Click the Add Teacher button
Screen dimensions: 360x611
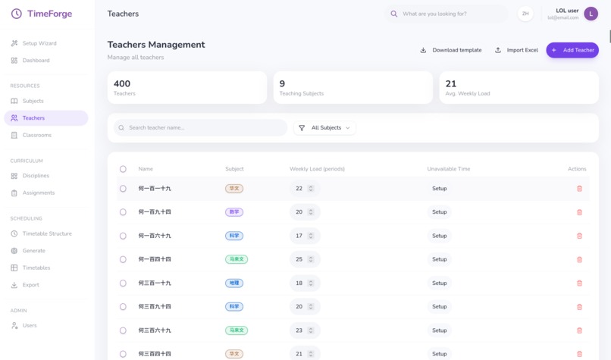572,50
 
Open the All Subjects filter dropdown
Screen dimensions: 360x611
324,128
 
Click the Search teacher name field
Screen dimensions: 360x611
201,128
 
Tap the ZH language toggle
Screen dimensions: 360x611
525,14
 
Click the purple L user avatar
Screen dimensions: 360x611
591,14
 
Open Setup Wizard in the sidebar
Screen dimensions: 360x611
39,43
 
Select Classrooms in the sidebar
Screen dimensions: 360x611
36,135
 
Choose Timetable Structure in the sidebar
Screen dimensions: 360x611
47,233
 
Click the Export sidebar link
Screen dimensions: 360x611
30,285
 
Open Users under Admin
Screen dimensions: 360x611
30,325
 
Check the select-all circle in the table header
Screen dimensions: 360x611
123,169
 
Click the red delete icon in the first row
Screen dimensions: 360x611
579,189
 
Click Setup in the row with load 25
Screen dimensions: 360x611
439,259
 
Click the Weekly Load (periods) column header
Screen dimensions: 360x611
317,169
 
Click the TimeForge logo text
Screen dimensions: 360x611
49,14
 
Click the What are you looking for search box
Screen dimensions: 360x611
447,14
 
